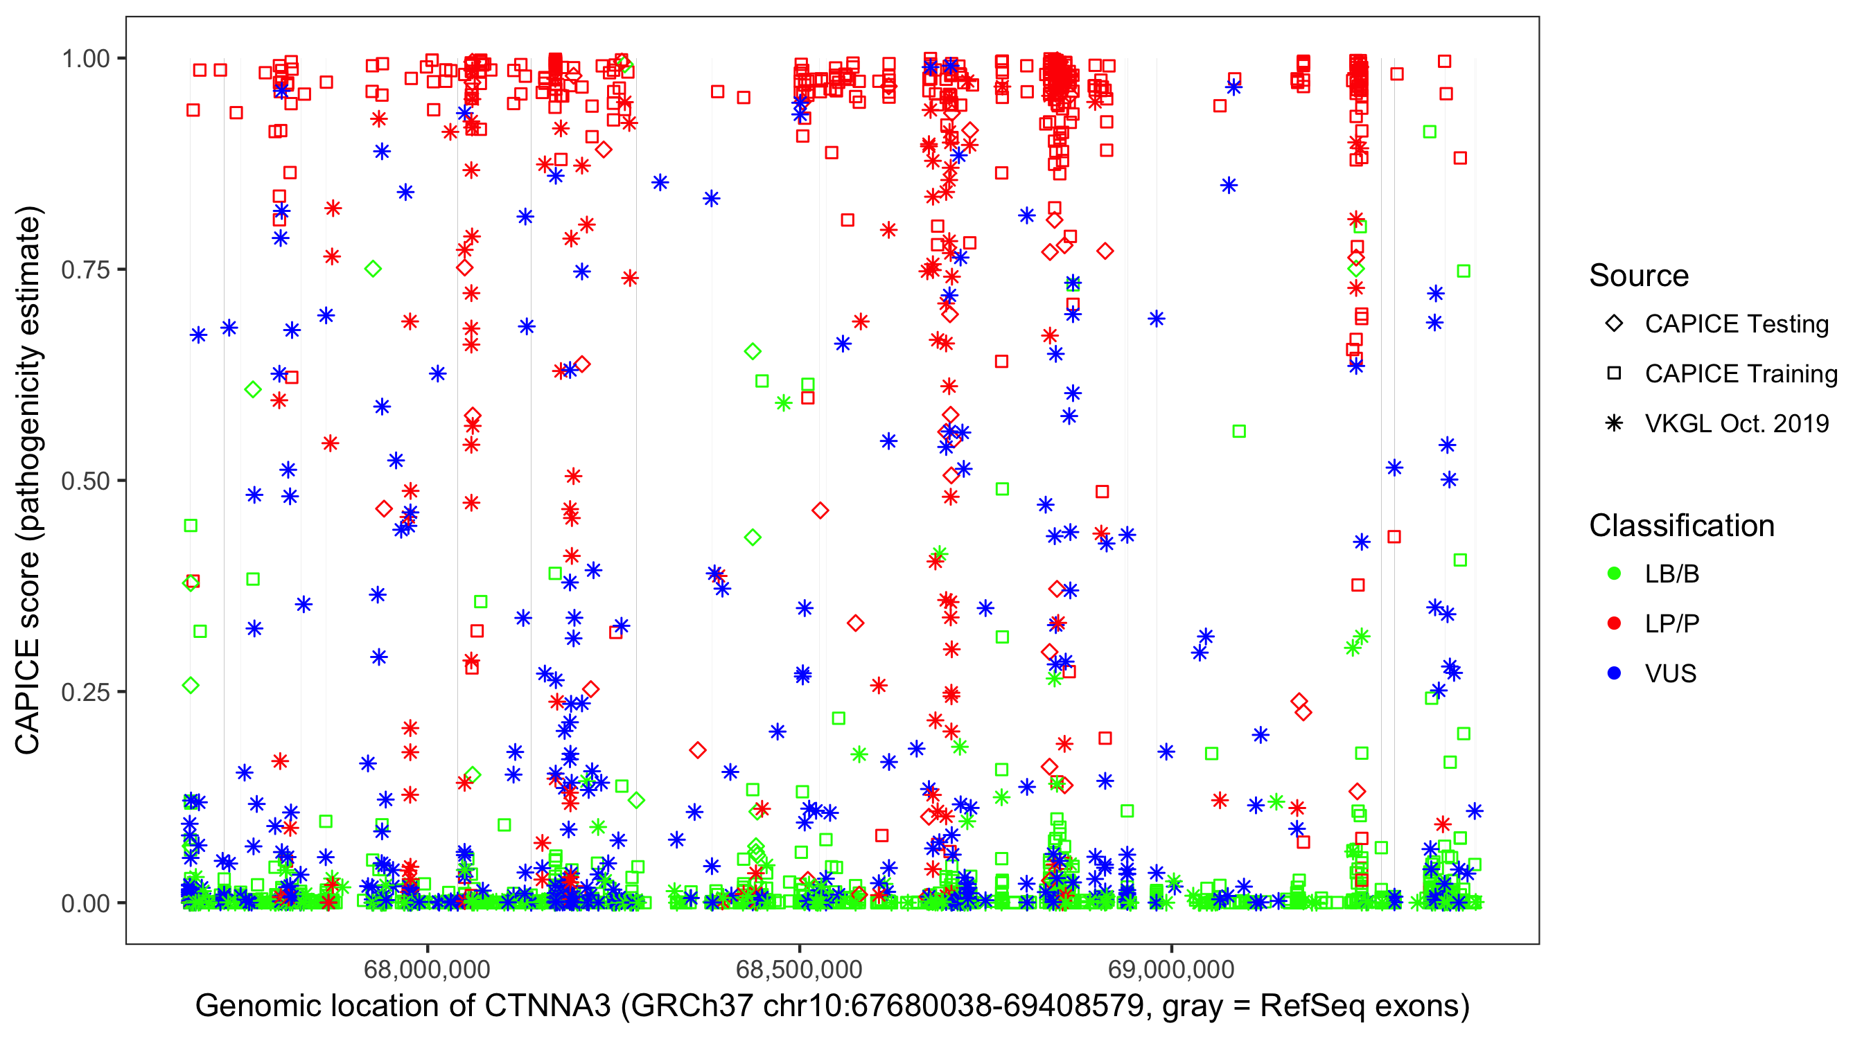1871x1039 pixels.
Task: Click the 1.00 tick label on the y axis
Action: (x=85, y=59)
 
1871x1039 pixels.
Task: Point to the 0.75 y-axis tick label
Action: (x=85, y=270)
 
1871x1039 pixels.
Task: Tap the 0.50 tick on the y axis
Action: (x=85, y=481)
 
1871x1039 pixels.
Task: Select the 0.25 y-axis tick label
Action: (x=85, y=692)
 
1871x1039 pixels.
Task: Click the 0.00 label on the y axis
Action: (x=85, y=903)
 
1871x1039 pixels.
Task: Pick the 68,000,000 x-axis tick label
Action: (x=427, y=969)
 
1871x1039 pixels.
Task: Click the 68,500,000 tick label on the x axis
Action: (x=799, y=969)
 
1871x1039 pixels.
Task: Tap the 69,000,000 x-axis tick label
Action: (x=1171, y=969)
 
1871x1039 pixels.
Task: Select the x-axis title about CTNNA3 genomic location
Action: (x=832, y=1006)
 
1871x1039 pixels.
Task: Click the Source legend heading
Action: (x=1639, y=276)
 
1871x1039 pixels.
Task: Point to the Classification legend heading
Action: (x=1681, y=526)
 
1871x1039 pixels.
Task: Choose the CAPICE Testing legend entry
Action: (x=1737, y=324)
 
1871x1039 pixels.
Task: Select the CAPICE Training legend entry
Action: (x=1741, y=374)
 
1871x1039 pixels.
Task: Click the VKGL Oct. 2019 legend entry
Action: (x=1737, y=424)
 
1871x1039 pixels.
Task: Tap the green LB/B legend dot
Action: (x=1614, y=574)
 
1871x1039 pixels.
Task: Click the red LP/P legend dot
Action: (x=1614, y=623)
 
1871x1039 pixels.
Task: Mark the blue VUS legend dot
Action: (x=1614, y=674)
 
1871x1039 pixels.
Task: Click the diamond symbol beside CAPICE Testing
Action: (x=1614, y=324)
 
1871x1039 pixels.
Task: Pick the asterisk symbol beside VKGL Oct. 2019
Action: (x=1614, y=424)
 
